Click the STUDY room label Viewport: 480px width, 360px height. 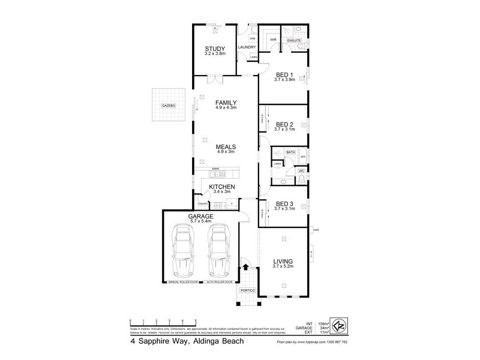214,49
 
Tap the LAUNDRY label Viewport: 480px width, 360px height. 247,47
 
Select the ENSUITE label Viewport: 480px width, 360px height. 294,40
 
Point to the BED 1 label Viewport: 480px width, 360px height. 284,74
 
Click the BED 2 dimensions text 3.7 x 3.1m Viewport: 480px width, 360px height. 284,129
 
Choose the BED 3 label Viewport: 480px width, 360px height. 284,203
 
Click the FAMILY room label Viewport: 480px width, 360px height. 226,102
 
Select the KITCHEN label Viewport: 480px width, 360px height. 222,187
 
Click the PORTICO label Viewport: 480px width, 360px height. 247,290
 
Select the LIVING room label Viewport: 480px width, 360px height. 283,262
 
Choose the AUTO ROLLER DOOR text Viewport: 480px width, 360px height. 220,281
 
